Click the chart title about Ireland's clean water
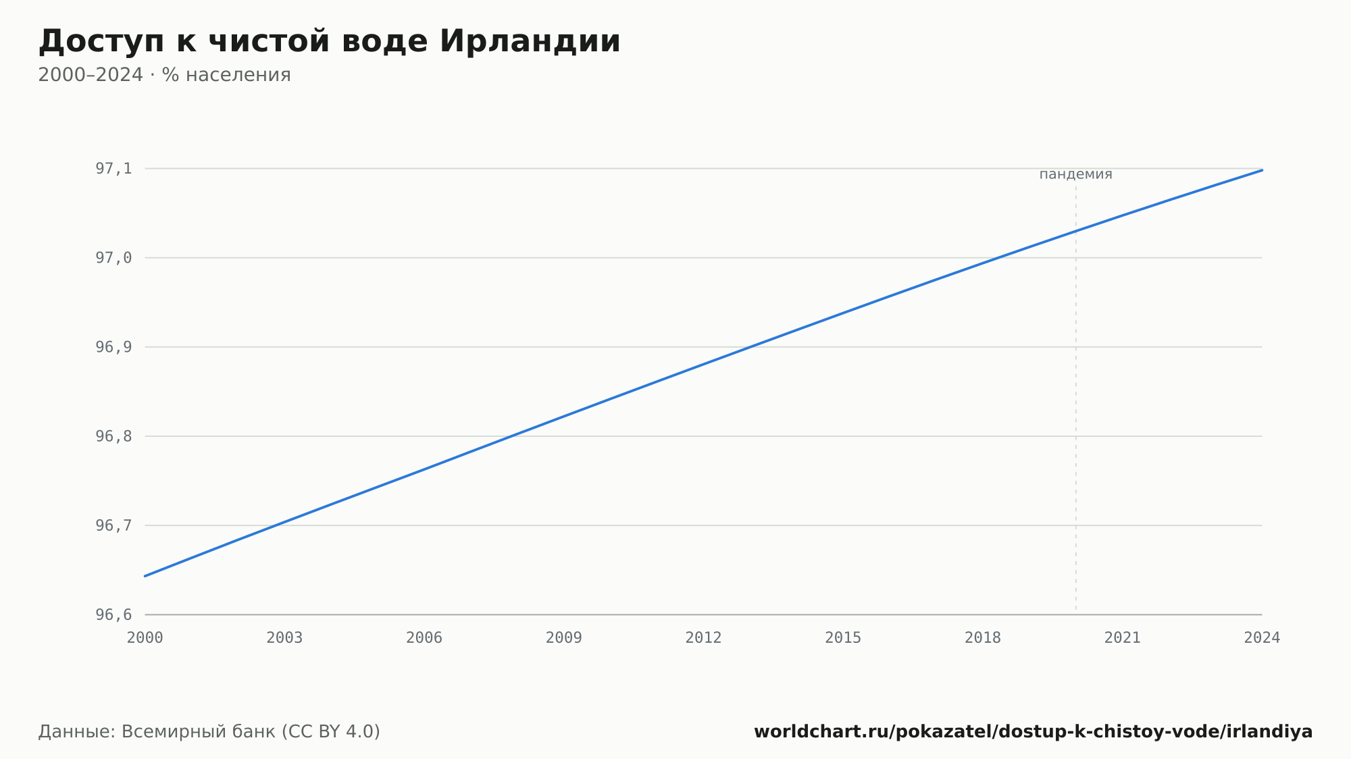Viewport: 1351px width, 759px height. click(329, 41)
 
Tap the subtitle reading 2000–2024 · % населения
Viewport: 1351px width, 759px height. click(164, 75)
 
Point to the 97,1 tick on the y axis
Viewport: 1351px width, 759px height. click(113, 169)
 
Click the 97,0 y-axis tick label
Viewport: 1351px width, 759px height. click(113, 258)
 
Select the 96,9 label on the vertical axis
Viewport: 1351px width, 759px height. click(113, 347)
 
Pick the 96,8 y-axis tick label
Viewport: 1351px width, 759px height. click(113, 436)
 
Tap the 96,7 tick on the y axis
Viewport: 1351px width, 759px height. click(113, 525)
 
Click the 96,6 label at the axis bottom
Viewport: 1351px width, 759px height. click(113, 614)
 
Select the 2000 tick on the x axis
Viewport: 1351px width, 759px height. click(145, 638)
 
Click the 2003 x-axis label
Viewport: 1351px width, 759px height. click(284, 638)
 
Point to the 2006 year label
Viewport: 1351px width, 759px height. click(424, 638)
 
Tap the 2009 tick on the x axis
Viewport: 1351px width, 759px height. click(564, 638)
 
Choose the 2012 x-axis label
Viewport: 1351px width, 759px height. click(704, 638)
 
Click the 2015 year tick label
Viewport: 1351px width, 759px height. click(843, 638)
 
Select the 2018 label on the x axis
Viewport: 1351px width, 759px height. click(983, 638)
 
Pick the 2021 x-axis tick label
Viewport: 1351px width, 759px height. click(1123, 638)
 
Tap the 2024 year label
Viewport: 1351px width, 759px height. click(1262, 638)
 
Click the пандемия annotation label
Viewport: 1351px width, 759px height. click(1075, 174)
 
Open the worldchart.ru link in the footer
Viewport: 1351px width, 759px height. click(1034, 732)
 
